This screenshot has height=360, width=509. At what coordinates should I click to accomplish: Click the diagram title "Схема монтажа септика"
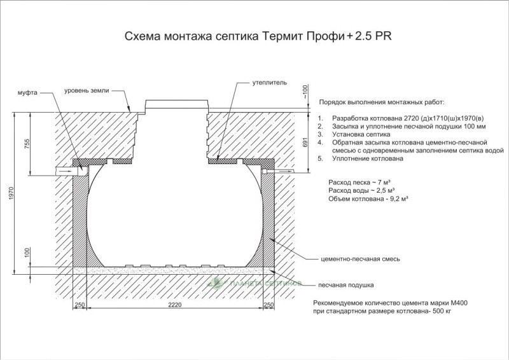192,36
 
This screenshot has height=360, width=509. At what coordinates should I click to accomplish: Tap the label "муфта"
27,92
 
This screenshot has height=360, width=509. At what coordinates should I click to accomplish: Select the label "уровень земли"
87,90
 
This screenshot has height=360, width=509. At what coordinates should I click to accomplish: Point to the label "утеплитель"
270,83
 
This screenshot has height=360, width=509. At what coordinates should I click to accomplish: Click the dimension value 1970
11,193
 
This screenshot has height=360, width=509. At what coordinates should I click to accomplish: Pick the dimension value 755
27,144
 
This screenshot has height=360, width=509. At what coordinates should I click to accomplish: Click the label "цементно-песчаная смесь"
360,259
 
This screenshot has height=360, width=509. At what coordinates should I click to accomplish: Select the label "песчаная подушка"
345,286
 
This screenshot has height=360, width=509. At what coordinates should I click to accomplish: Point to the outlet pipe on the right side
280,170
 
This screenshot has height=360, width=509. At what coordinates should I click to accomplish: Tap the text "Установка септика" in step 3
361,134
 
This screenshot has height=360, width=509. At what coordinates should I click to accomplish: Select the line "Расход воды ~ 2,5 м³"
361,190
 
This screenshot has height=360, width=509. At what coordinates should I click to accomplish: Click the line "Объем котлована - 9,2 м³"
368,198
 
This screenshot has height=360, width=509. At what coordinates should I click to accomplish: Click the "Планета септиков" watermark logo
255,283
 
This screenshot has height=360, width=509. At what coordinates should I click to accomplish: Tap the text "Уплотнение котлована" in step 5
368,159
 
